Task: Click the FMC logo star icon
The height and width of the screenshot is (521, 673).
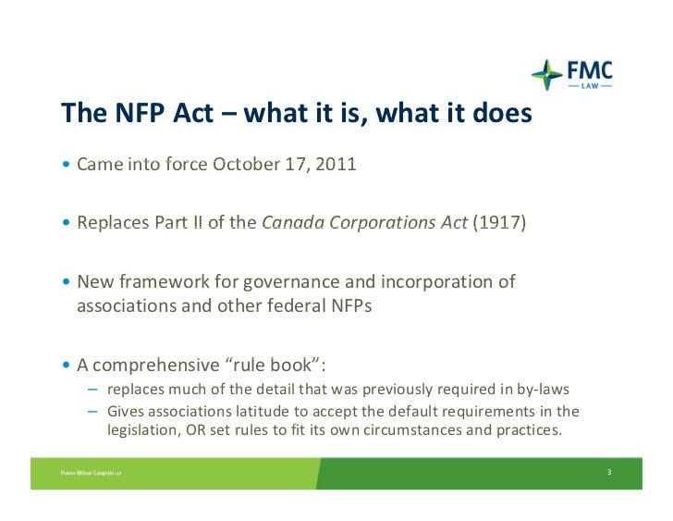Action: (x=546, y=75)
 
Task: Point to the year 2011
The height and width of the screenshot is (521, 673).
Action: (x=335, y=167)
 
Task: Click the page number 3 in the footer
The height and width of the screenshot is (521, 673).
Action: (x=609, y=473)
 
